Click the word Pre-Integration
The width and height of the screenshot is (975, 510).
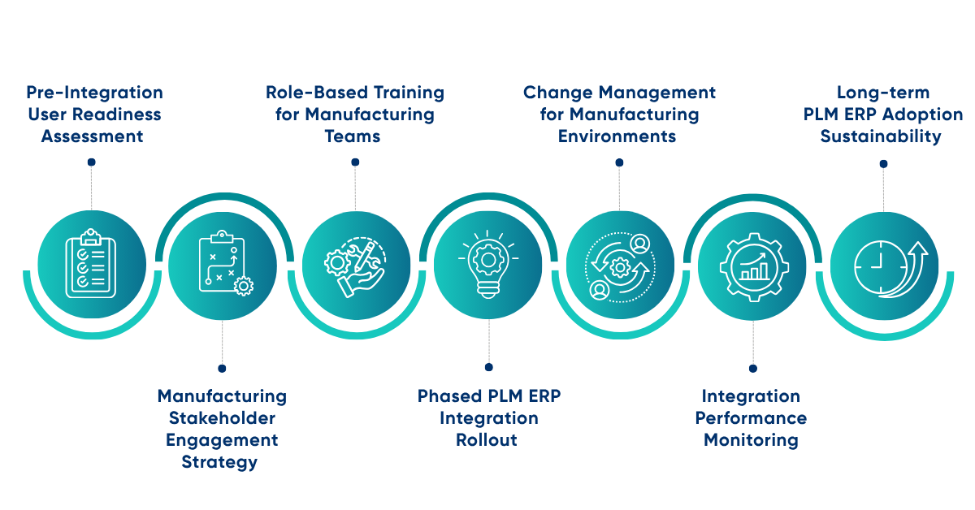click(94, 93)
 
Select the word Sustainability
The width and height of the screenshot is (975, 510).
click(881, 136)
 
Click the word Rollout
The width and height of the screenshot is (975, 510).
click(488, 440)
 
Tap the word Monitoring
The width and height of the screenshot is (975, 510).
click(751, 440)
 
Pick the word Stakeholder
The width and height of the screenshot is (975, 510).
click(222, 418)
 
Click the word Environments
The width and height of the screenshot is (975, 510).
click(617, 136)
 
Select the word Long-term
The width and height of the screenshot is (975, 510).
click(883, 93)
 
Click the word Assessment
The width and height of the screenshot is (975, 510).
click(92, 136)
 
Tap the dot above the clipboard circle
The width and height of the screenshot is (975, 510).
click(91, 162)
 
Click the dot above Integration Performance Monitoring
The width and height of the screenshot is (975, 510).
click(752, 368)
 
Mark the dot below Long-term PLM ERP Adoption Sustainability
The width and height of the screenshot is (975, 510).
click(883, 163)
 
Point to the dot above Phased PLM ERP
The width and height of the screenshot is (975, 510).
click(488, 368)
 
